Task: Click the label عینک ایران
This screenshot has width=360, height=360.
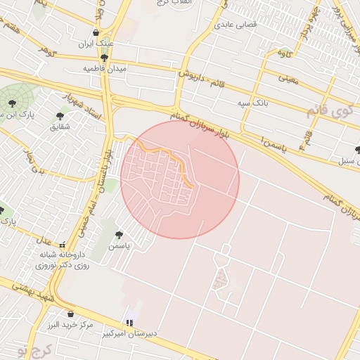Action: (x=96, y=44)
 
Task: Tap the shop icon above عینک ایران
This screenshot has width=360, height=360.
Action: (x=96, y=32)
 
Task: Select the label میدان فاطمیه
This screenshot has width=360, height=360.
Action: (x=105, y=68)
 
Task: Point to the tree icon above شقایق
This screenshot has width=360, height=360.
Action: (x=59, y=115)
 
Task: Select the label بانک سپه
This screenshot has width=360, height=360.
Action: (x=253, y=103)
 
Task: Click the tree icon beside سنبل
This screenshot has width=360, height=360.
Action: (x=358, y=149)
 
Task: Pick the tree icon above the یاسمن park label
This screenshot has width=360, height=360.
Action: (x=119, y=234)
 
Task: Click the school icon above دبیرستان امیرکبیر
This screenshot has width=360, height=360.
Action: (x=129, y=323)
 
